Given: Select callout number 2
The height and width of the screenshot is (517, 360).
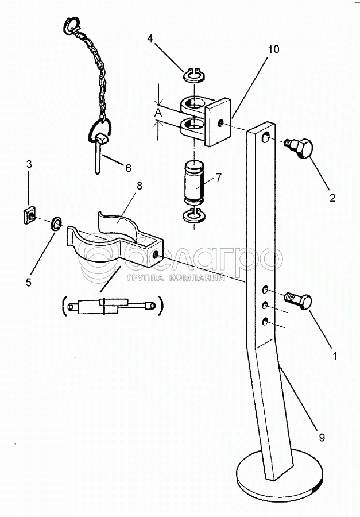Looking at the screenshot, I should tap(332, 199).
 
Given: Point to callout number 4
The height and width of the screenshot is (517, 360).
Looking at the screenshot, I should tap(150, 39).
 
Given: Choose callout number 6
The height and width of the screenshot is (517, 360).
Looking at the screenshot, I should tap(127, 168).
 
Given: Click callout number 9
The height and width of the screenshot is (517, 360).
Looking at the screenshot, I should tap(322, 439).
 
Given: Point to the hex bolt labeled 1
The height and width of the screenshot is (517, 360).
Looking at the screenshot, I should tap(300, 300).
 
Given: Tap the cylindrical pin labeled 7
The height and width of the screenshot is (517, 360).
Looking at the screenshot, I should tap(195, 184).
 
